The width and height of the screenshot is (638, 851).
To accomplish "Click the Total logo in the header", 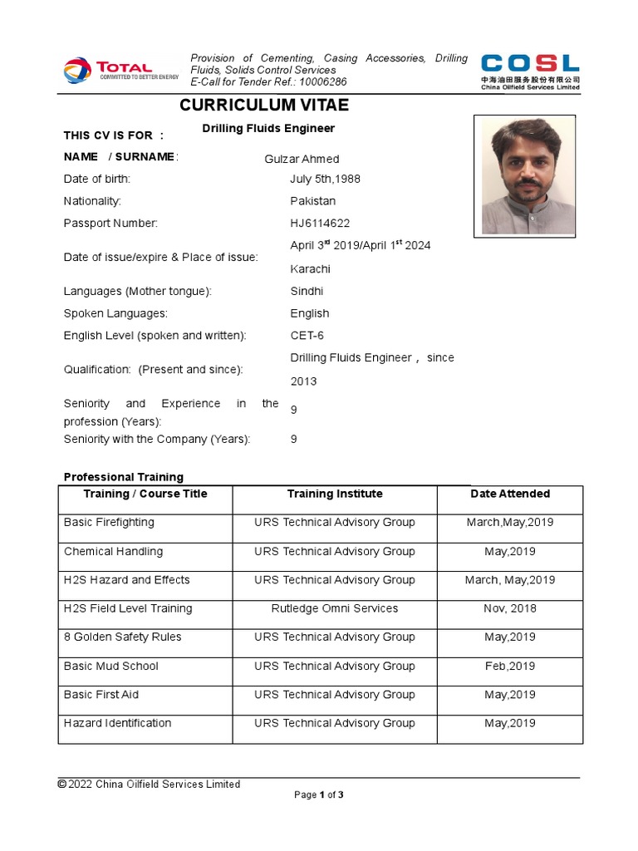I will click(120, 70).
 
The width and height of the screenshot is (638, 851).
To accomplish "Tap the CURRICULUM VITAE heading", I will click(264, 106).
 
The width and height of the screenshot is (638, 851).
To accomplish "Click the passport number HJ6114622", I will click(320, 224).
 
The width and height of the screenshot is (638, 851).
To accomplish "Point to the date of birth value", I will click(325, 179).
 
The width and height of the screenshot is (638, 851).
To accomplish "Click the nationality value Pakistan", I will click(312, 201).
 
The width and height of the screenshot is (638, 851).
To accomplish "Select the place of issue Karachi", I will click(310, 269).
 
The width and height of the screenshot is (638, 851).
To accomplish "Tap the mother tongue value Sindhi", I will click(307, 292).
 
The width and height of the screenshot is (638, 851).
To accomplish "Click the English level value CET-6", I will click(307, 336).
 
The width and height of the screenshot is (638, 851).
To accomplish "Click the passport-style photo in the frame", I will click(528, 175).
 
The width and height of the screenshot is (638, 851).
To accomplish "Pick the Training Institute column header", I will click(335, 494).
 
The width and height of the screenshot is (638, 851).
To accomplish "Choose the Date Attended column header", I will click(510, 494).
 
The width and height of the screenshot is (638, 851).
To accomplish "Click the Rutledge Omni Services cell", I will click(335, 609).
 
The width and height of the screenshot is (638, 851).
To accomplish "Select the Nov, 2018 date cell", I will click(510, 609).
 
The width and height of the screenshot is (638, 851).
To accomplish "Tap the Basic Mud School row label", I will click(111, 667).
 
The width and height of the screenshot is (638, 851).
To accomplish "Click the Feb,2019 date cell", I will click(510, 667).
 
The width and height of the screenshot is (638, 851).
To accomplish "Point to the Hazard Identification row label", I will click(118, 724).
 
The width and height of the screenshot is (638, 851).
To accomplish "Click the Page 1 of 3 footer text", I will click(319, 795).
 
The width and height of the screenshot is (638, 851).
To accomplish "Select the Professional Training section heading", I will click(124, 477).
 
